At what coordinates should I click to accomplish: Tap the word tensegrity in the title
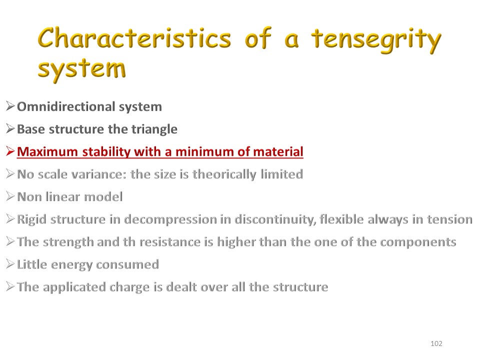(376, 40)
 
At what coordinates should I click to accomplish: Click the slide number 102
(436, 343)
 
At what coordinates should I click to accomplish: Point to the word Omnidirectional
(66, 106)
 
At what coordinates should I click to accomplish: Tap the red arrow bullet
(10, 151)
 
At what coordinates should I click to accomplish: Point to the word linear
(62, 197)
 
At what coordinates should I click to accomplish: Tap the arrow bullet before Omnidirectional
(10, 106)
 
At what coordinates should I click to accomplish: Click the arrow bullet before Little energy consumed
(10, 264)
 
